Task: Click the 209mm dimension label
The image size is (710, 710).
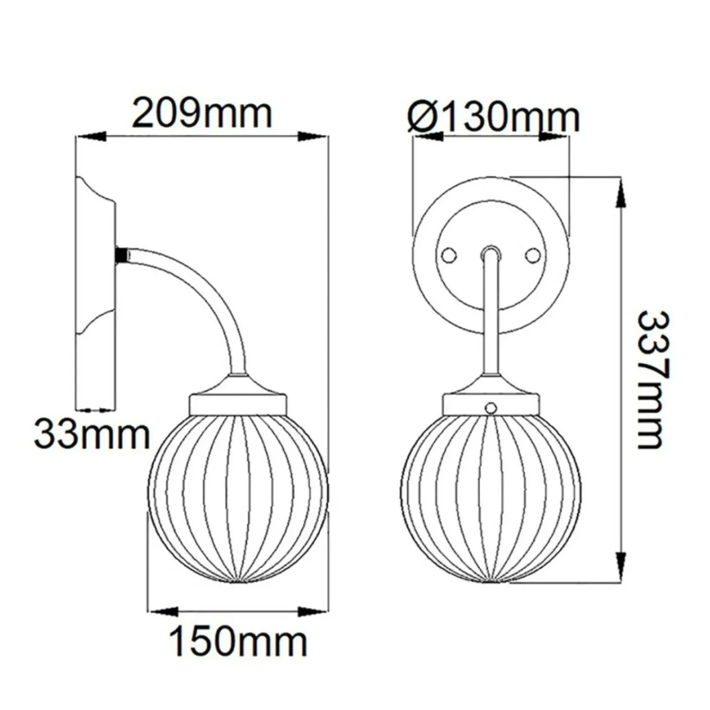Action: coord(202,114)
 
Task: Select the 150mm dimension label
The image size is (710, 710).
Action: coord(238,641)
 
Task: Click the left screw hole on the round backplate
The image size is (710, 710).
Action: coord(450,255)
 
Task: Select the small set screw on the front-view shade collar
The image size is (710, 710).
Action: coord(490,407)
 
